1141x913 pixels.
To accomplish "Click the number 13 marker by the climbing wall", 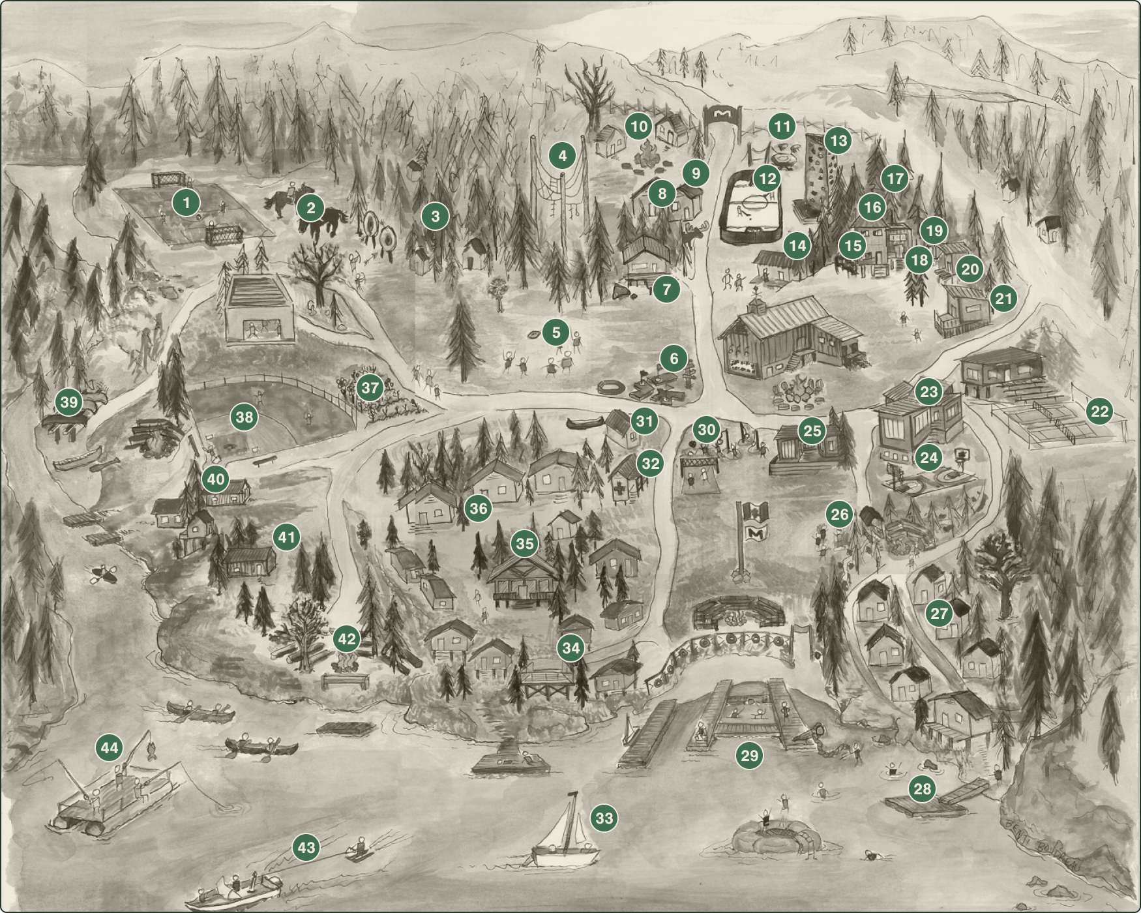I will tap(838, 140).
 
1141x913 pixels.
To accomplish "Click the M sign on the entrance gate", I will tap(722, 115).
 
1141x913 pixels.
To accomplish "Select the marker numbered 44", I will tap(110, 747).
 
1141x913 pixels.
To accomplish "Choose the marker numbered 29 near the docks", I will tap(750, 755).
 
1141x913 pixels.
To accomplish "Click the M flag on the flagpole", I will tap(756, 533).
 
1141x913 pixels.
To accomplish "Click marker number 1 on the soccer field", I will tap(186, 202).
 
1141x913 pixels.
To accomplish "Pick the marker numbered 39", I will tap(69, 402).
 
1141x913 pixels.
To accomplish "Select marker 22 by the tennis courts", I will tap(1100, 411).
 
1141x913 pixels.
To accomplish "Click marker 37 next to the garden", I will tap(370, 388).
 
